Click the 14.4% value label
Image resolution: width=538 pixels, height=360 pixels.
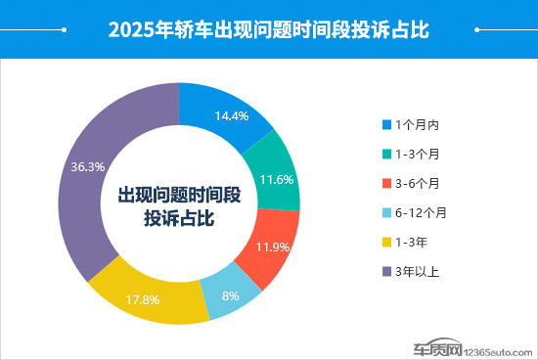point(231,115)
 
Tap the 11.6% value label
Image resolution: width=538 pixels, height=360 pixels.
point(277,179)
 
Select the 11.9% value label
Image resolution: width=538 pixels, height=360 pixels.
point(272,246)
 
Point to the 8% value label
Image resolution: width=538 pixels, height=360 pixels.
point(228,295)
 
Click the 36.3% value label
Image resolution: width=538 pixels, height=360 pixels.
point(88,166)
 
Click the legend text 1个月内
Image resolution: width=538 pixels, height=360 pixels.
point(418,125)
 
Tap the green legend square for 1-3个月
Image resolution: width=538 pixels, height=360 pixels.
point(386,155)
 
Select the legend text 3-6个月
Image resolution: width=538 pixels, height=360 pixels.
point(418,183)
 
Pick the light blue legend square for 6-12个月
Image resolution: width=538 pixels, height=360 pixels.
point(386,212)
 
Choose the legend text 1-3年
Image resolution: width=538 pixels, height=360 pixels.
point(412,242)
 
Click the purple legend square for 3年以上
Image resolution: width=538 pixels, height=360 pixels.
point(386,271)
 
